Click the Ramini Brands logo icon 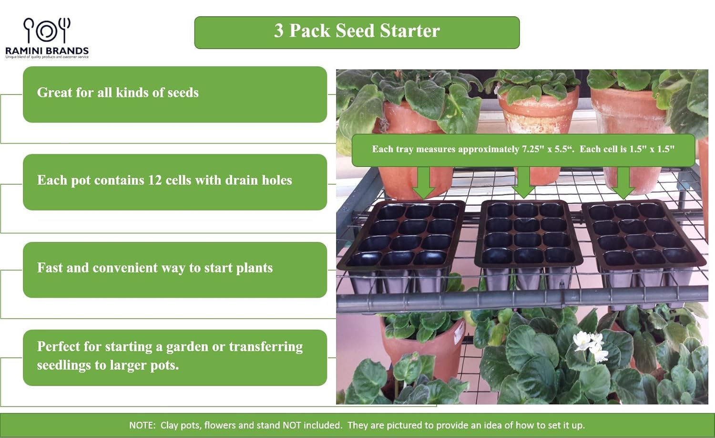click(x=47, y=31)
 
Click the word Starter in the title click(x=410, y=31)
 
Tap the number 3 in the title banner click(x=279, y=31)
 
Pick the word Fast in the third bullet click(x=50, y=268)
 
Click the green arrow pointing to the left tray click(x=423, y=183)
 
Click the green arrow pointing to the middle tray click(x=523, y=182)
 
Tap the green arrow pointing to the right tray click(x=623, y=183)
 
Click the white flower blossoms click(x=591, y=346)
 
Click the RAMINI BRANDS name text click(x=47, y=51)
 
